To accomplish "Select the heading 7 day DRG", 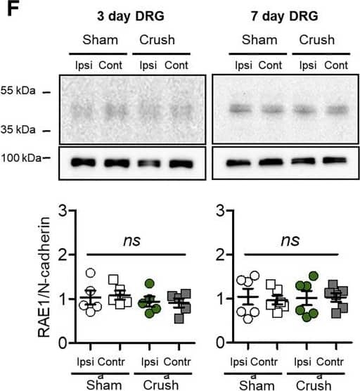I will click(x=284, y=15).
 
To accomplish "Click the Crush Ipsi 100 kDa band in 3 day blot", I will click(x=148, y=163).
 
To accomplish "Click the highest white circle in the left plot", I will click(x=89, y=274).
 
